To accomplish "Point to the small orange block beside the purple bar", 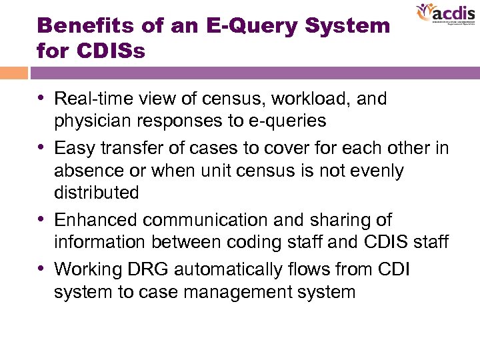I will [x=13, y=72].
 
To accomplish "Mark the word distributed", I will [x=96, y=193].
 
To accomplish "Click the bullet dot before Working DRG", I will [x=44, y=268].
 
